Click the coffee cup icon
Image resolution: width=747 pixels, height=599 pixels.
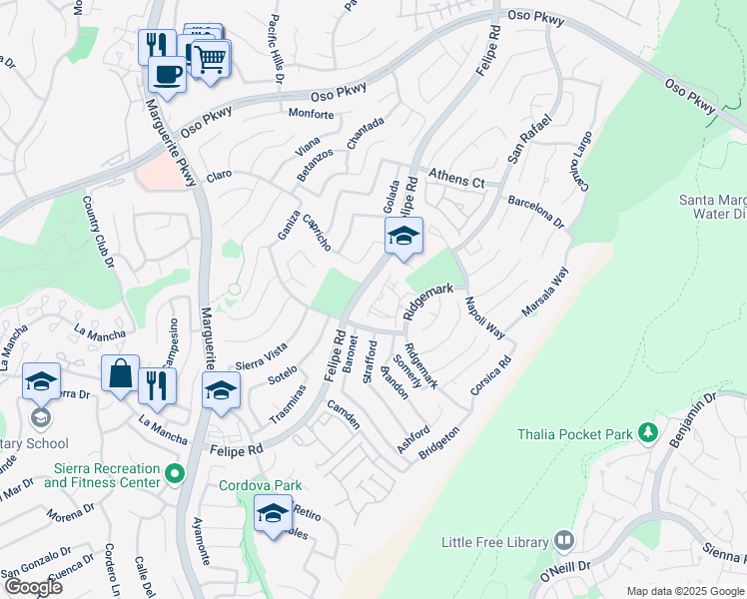pyautogui.click(x=167, y=73)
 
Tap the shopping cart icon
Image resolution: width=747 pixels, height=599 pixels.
pyautogui.click(x=210, y=60)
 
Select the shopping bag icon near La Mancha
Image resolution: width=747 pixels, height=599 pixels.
pyautogui.click(x=120, y=373)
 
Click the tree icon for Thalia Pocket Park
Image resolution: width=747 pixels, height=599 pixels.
pyautogui.click(x=648, y=433)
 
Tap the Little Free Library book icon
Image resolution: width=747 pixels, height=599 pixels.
pyautogui.click(x=564, y=541)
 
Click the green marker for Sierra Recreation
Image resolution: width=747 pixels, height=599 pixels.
pyautogui.click(x=176, y=473)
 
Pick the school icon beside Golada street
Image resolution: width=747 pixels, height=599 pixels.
pyautogui.click(x=403, y=237)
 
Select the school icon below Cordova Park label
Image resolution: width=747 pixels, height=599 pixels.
pyautogui.click(x=272, y=513)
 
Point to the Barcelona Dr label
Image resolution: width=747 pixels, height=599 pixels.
pyautogui.click(x=536, y=211)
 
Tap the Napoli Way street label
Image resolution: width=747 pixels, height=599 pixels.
pyautogui.click(x=483, y=318)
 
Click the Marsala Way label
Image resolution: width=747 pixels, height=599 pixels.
pyautogui.click(x=544, y=290)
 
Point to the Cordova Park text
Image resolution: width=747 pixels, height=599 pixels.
pyautogui.click(x=261, y=485)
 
